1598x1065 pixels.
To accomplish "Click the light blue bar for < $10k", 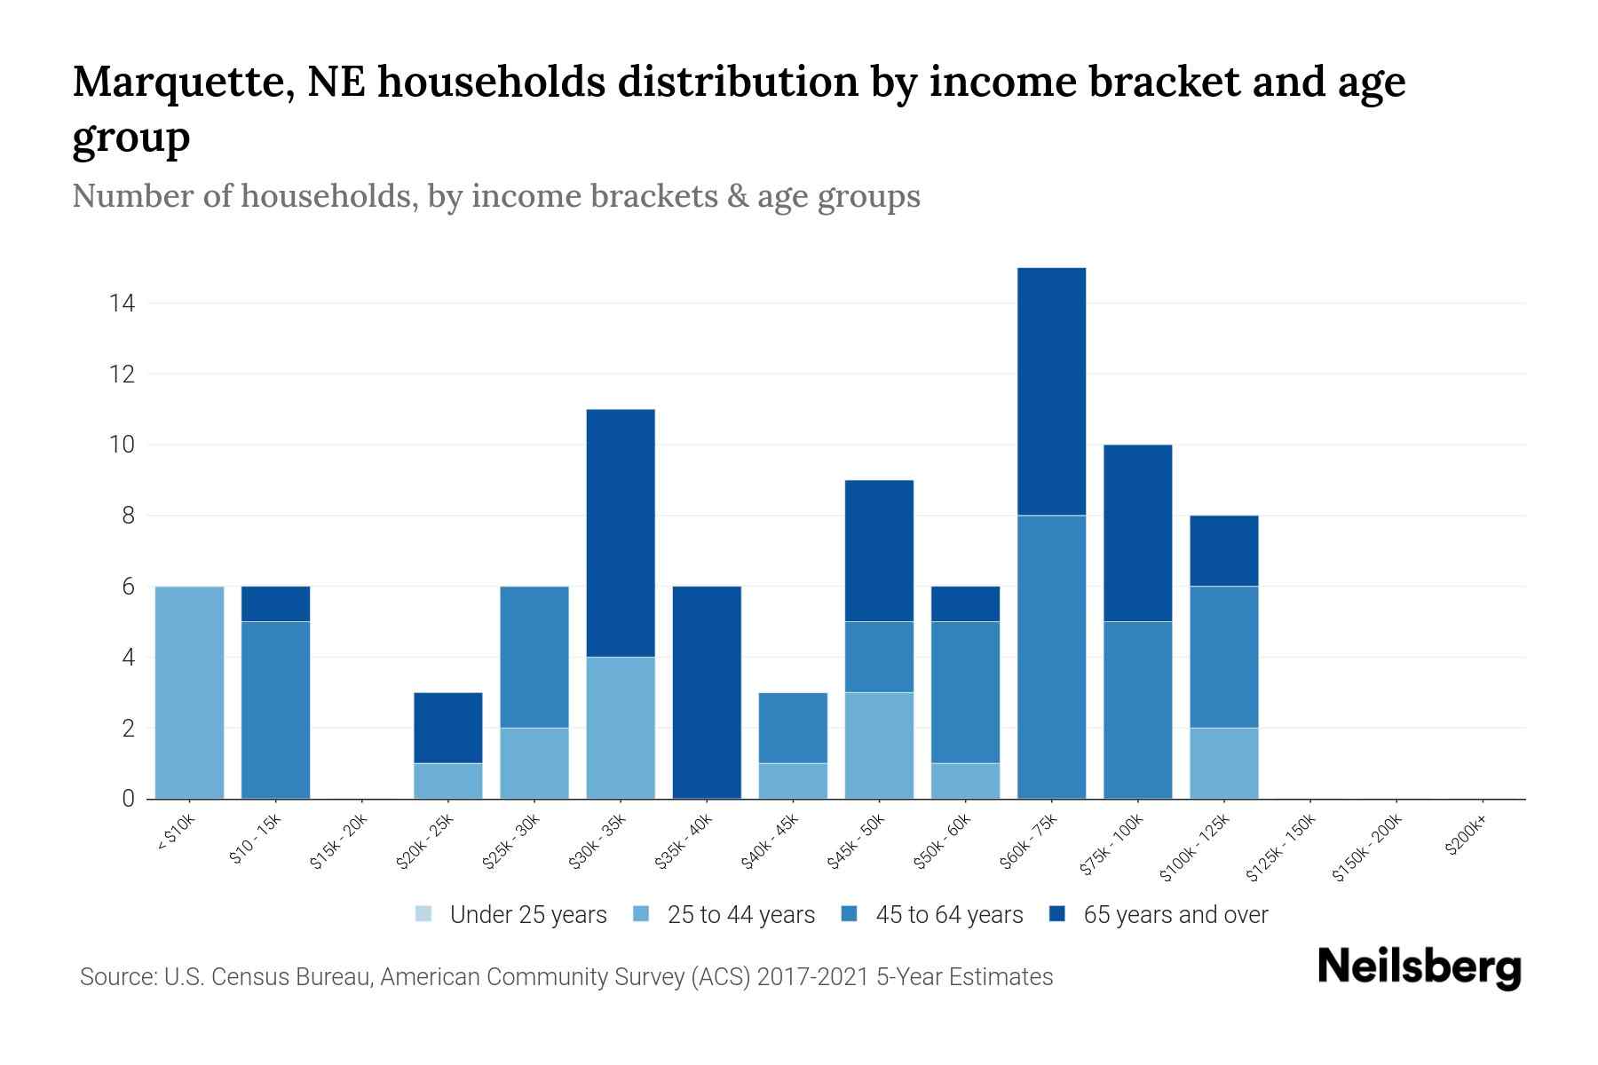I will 189,692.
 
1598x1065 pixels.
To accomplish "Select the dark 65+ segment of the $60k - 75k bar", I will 1051,390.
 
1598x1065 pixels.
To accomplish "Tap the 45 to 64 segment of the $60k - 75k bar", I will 1051,657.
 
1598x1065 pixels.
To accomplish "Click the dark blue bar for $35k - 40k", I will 707,692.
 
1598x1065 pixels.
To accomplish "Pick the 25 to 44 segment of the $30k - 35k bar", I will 621,728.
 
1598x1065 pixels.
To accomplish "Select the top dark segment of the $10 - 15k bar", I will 275,603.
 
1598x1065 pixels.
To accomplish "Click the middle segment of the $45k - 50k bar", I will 879,657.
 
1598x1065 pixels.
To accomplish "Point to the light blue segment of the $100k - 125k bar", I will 1223,763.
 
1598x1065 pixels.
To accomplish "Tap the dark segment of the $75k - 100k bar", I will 1137,532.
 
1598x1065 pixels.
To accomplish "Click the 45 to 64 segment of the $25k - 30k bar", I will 534,657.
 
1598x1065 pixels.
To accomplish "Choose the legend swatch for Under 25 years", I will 423,914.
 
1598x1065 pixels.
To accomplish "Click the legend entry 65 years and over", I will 1175,915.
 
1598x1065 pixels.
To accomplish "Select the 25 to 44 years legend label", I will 740,915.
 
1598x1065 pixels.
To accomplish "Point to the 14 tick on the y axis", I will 122,304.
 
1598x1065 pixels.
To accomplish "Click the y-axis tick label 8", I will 128,516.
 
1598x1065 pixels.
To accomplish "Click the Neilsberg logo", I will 1419,967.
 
